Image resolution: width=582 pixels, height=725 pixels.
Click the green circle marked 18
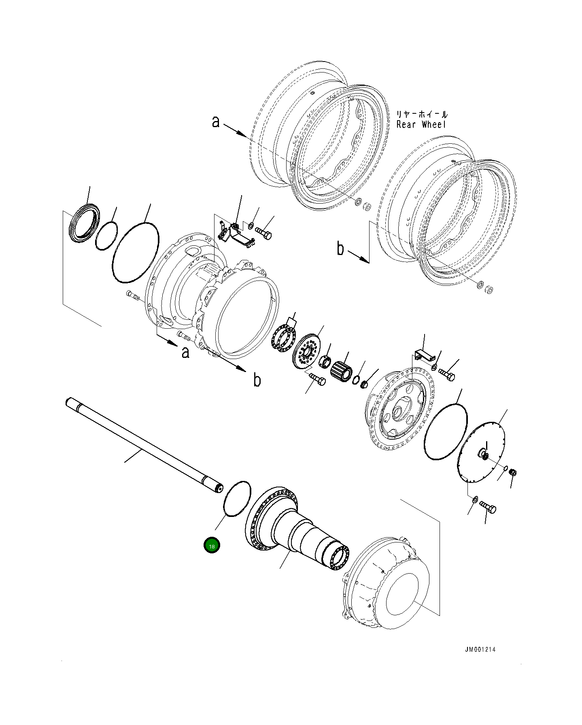[x=212, y=545]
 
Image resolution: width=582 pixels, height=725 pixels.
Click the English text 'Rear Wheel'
[x=421, y=124]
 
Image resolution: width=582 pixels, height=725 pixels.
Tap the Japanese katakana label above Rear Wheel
[x=422, y=115]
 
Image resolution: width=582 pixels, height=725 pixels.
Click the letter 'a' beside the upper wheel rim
[x=216, y=121]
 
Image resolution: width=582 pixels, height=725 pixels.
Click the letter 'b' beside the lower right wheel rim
[x=340, y=249]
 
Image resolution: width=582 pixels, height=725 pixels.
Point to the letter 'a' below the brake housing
[x=185, y=352]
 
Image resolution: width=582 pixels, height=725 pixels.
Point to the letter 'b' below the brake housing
[x=257, y=380]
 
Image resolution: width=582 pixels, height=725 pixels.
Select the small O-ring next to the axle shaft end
[x=237, y=499]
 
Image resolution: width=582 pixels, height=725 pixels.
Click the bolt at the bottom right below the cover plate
[x=489, y=507]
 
